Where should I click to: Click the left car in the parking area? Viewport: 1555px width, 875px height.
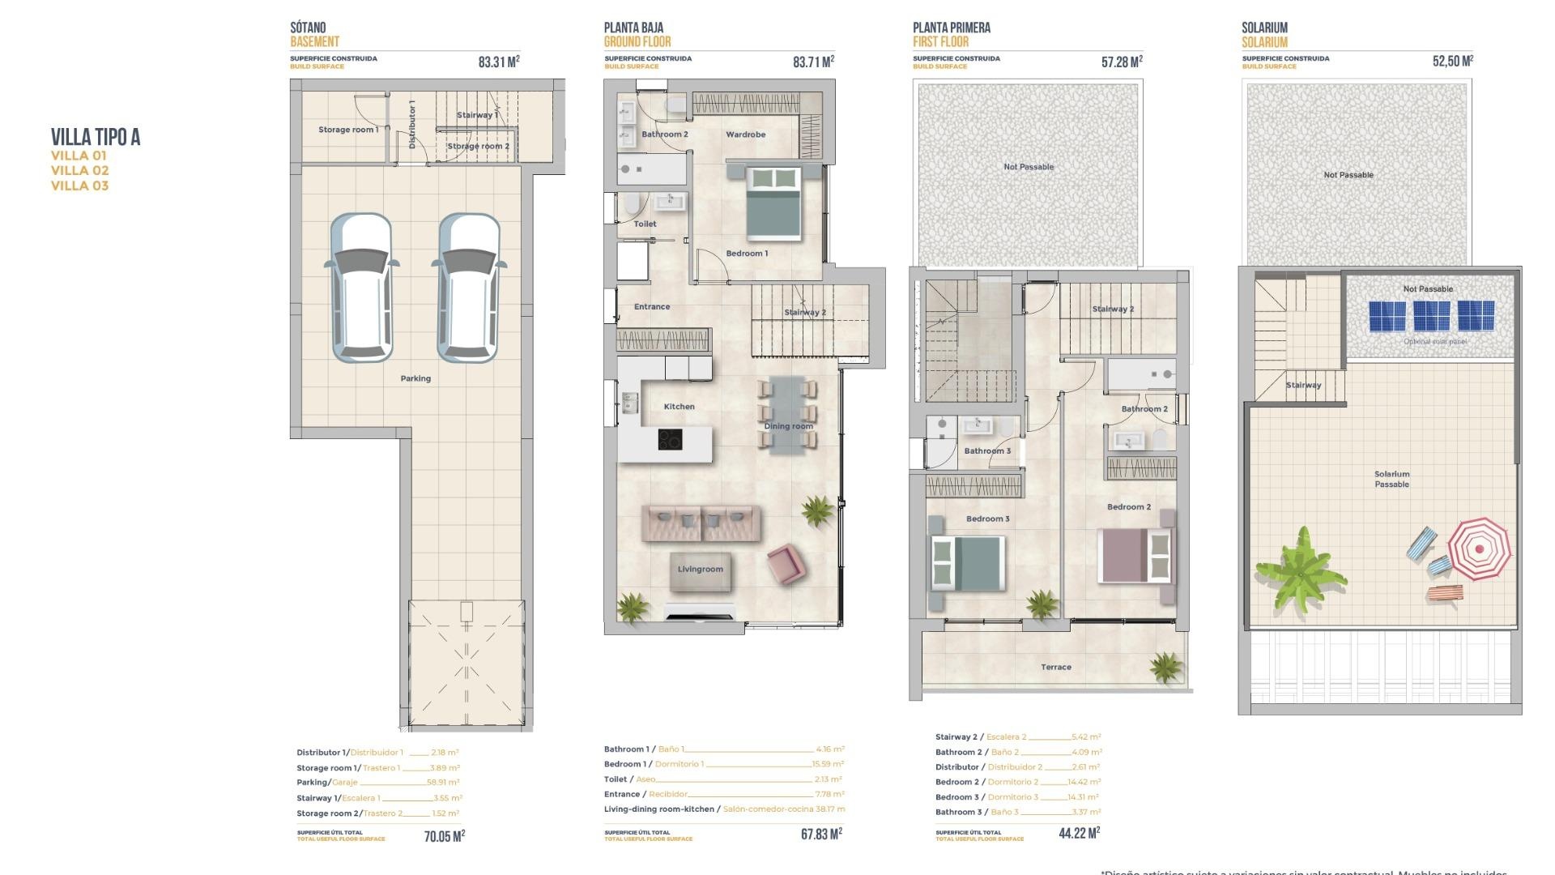[361, 288]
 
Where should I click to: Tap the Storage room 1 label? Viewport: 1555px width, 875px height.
[348, 130]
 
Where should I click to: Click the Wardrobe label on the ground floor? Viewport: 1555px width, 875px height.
[745, 134]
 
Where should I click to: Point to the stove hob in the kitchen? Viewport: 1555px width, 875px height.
[670, 439]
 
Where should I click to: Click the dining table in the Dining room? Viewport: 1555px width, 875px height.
[788, 414]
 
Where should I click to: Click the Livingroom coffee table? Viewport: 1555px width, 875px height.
[701, 570]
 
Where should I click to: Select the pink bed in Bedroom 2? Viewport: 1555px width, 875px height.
[1135, 556]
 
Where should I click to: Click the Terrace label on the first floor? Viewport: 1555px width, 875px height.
[1055, 668]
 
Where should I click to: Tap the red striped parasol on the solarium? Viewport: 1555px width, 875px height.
[1479, 548]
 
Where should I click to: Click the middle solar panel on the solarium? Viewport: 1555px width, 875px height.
[1431, 316]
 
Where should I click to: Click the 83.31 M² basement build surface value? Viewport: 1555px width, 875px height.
[498, 62]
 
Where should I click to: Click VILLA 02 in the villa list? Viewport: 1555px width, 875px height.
[79, 170]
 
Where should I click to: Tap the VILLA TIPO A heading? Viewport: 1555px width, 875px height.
[96, 137]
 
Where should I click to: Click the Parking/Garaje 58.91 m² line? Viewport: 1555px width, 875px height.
[377, 783]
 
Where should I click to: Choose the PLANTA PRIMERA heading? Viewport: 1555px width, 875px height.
[951, 28]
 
